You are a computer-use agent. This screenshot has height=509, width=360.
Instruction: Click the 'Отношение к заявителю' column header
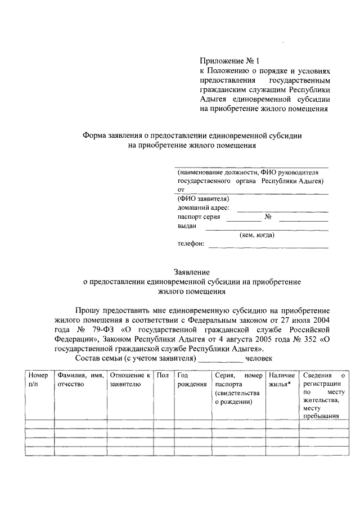129,379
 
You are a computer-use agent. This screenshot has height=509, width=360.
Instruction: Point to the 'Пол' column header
163,375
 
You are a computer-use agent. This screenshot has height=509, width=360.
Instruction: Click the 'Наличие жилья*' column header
281,379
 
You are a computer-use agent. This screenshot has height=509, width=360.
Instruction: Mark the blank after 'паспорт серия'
240,220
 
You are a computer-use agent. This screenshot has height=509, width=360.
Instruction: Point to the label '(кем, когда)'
256,235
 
